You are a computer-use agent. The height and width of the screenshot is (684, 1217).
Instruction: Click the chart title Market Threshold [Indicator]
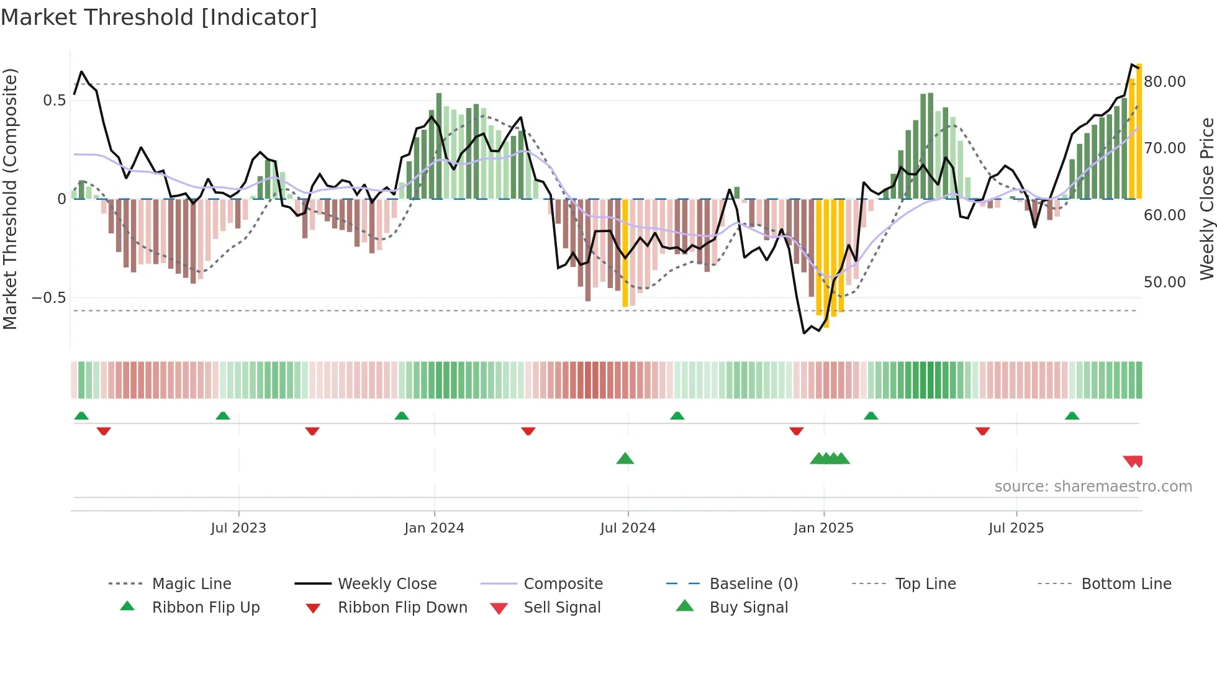[x=159, y=17]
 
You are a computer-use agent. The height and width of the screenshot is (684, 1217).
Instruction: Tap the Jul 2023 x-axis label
[x=238, y=528]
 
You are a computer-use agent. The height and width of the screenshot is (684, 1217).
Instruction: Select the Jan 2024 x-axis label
[x=434, y=528]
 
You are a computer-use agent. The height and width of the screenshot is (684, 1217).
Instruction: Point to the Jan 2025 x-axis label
[x=823, y=528]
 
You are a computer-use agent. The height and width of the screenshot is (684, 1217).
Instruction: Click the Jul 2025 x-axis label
[x=1016, y=528]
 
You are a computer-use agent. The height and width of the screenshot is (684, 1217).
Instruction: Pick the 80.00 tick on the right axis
[x=1164, y=82]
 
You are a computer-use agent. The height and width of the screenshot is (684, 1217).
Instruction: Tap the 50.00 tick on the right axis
[x=1164, y=282]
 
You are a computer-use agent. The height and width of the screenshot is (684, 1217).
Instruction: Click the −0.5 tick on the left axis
[x=49, y=298]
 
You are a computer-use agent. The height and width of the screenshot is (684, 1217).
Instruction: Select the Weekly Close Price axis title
[x=1206, y=199]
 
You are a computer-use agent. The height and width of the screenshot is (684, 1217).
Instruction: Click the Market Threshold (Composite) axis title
[x=10, y=199]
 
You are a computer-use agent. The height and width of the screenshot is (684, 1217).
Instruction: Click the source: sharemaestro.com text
[x=1093, y=487]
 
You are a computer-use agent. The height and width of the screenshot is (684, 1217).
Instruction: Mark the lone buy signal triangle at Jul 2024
[x=625, y=459]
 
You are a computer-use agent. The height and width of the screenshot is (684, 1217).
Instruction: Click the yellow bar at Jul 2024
[x=625, y=253]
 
